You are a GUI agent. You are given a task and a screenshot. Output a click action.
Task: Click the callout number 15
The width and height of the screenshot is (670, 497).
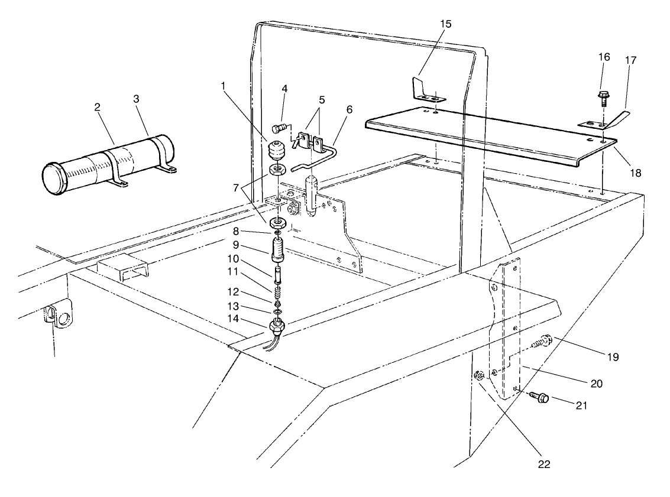pos(445,24)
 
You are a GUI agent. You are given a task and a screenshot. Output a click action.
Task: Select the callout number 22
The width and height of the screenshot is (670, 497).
pos(544,464)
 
